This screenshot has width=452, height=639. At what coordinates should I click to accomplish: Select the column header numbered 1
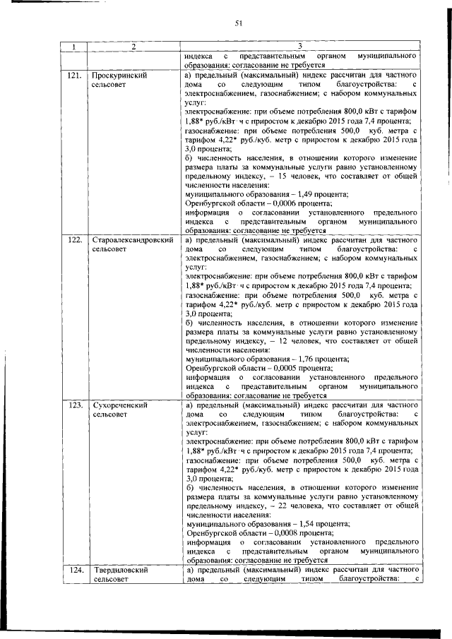(x=74, y=47)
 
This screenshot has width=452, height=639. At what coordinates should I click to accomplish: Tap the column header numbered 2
(x=132, y=47)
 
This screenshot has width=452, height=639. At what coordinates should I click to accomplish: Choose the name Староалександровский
(x=133, y=241)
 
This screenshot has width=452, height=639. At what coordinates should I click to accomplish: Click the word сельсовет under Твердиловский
(x=110, y=580)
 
